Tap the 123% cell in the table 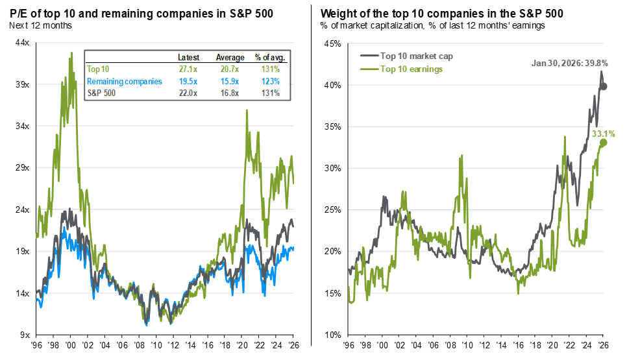click(269, 81)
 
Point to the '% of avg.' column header click(269, 57)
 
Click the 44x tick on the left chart click(23, 43)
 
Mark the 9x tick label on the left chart click(25, 335)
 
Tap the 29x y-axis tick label click(23, 168)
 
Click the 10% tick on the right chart click(332, 335)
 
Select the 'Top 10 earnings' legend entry click(412, 69)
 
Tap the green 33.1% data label click(603, 134)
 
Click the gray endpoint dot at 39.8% click(604, 86)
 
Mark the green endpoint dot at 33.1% click(604, 142)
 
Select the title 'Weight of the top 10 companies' click(441, 12)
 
